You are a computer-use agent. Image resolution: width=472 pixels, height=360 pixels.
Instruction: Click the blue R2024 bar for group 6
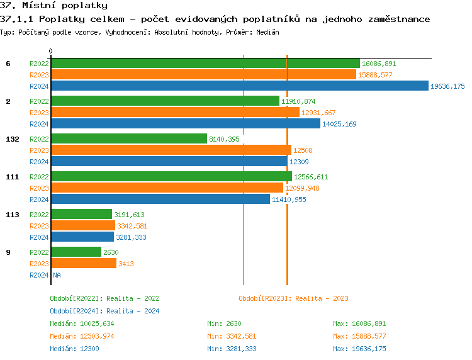[239, 86]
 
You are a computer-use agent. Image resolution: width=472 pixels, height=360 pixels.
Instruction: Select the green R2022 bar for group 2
[165, 101]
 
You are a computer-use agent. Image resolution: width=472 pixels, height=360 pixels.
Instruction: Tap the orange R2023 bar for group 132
[171, 150]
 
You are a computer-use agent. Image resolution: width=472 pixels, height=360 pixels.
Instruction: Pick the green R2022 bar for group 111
[171, 177]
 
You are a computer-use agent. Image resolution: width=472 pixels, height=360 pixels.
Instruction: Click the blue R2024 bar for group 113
[82, 237]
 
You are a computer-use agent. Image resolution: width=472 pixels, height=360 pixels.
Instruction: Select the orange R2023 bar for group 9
[83, 264]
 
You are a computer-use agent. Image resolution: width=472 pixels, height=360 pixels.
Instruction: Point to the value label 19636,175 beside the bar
[447, 86]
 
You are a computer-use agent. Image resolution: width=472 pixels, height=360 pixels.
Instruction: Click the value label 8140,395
[224, 139]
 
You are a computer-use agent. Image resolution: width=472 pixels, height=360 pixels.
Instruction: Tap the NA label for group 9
[57, 275]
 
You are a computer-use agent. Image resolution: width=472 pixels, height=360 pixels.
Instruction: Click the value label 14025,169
[339, 124]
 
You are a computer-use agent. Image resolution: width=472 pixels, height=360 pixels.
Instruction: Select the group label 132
[13, 139]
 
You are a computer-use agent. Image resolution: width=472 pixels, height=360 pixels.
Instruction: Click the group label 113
[13, 215]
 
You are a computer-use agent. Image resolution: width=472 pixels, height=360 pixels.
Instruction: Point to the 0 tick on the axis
[51, 51]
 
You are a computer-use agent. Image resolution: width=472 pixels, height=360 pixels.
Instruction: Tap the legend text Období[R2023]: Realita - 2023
[293, 298]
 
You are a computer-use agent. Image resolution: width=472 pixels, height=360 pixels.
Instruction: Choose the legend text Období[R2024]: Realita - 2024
[104, 311]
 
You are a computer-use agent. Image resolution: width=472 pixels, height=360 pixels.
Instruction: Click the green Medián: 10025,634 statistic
[82, 323]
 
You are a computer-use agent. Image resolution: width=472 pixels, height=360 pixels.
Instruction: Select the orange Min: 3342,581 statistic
[231, 336]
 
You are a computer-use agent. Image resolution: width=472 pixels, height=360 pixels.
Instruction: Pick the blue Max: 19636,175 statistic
[359, 349]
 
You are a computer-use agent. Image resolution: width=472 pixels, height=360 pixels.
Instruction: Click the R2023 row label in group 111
[39, 188]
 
